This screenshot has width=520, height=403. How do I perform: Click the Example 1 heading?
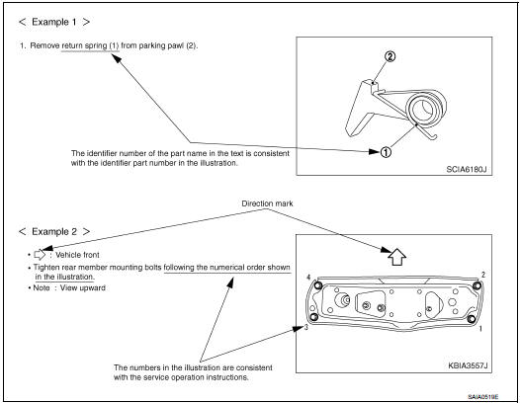click(x=54, y=22)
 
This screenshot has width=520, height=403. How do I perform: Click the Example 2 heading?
click(x=54, y=232)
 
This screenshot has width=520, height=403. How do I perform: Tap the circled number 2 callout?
click(x=390, y=56)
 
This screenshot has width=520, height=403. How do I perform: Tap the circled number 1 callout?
click(x=386, y=152)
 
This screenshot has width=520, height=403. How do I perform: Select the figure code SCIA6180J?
click(x=467, y=169)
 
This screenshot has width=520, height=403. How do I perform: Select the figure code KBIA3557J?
click(x=468, y=365)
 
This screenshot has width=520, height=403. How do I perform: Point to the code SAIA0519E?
click(x=482, y=397)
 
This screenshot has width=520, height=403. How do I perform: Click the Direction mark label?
click(x=267, y=203)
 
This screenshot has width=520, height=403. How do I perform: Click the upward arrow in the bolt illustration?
click(x=397, y=257)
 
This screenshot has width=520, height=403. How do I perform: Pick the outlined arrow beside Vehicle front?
click(x=40, y=255)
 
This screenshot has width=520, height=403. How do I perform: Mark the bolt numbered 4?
click(x=317, y=285)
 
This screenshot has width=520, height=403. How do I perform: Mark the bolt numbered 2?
click(x=477, y=285)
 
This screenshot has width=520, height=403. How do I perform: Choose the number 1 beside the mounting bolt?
click(x=480, y=329)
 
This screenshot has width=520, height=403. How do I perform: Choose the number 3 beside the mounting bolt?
click(x=306, y=328)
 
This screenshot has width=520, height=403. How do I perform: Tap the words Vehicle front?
click(x=77, y=255)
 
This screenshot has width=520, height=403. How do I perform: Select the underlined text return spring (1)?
click(x=90, y=45)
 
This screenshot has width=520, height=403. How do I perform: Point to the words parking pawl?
click(x=161, y=45)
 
